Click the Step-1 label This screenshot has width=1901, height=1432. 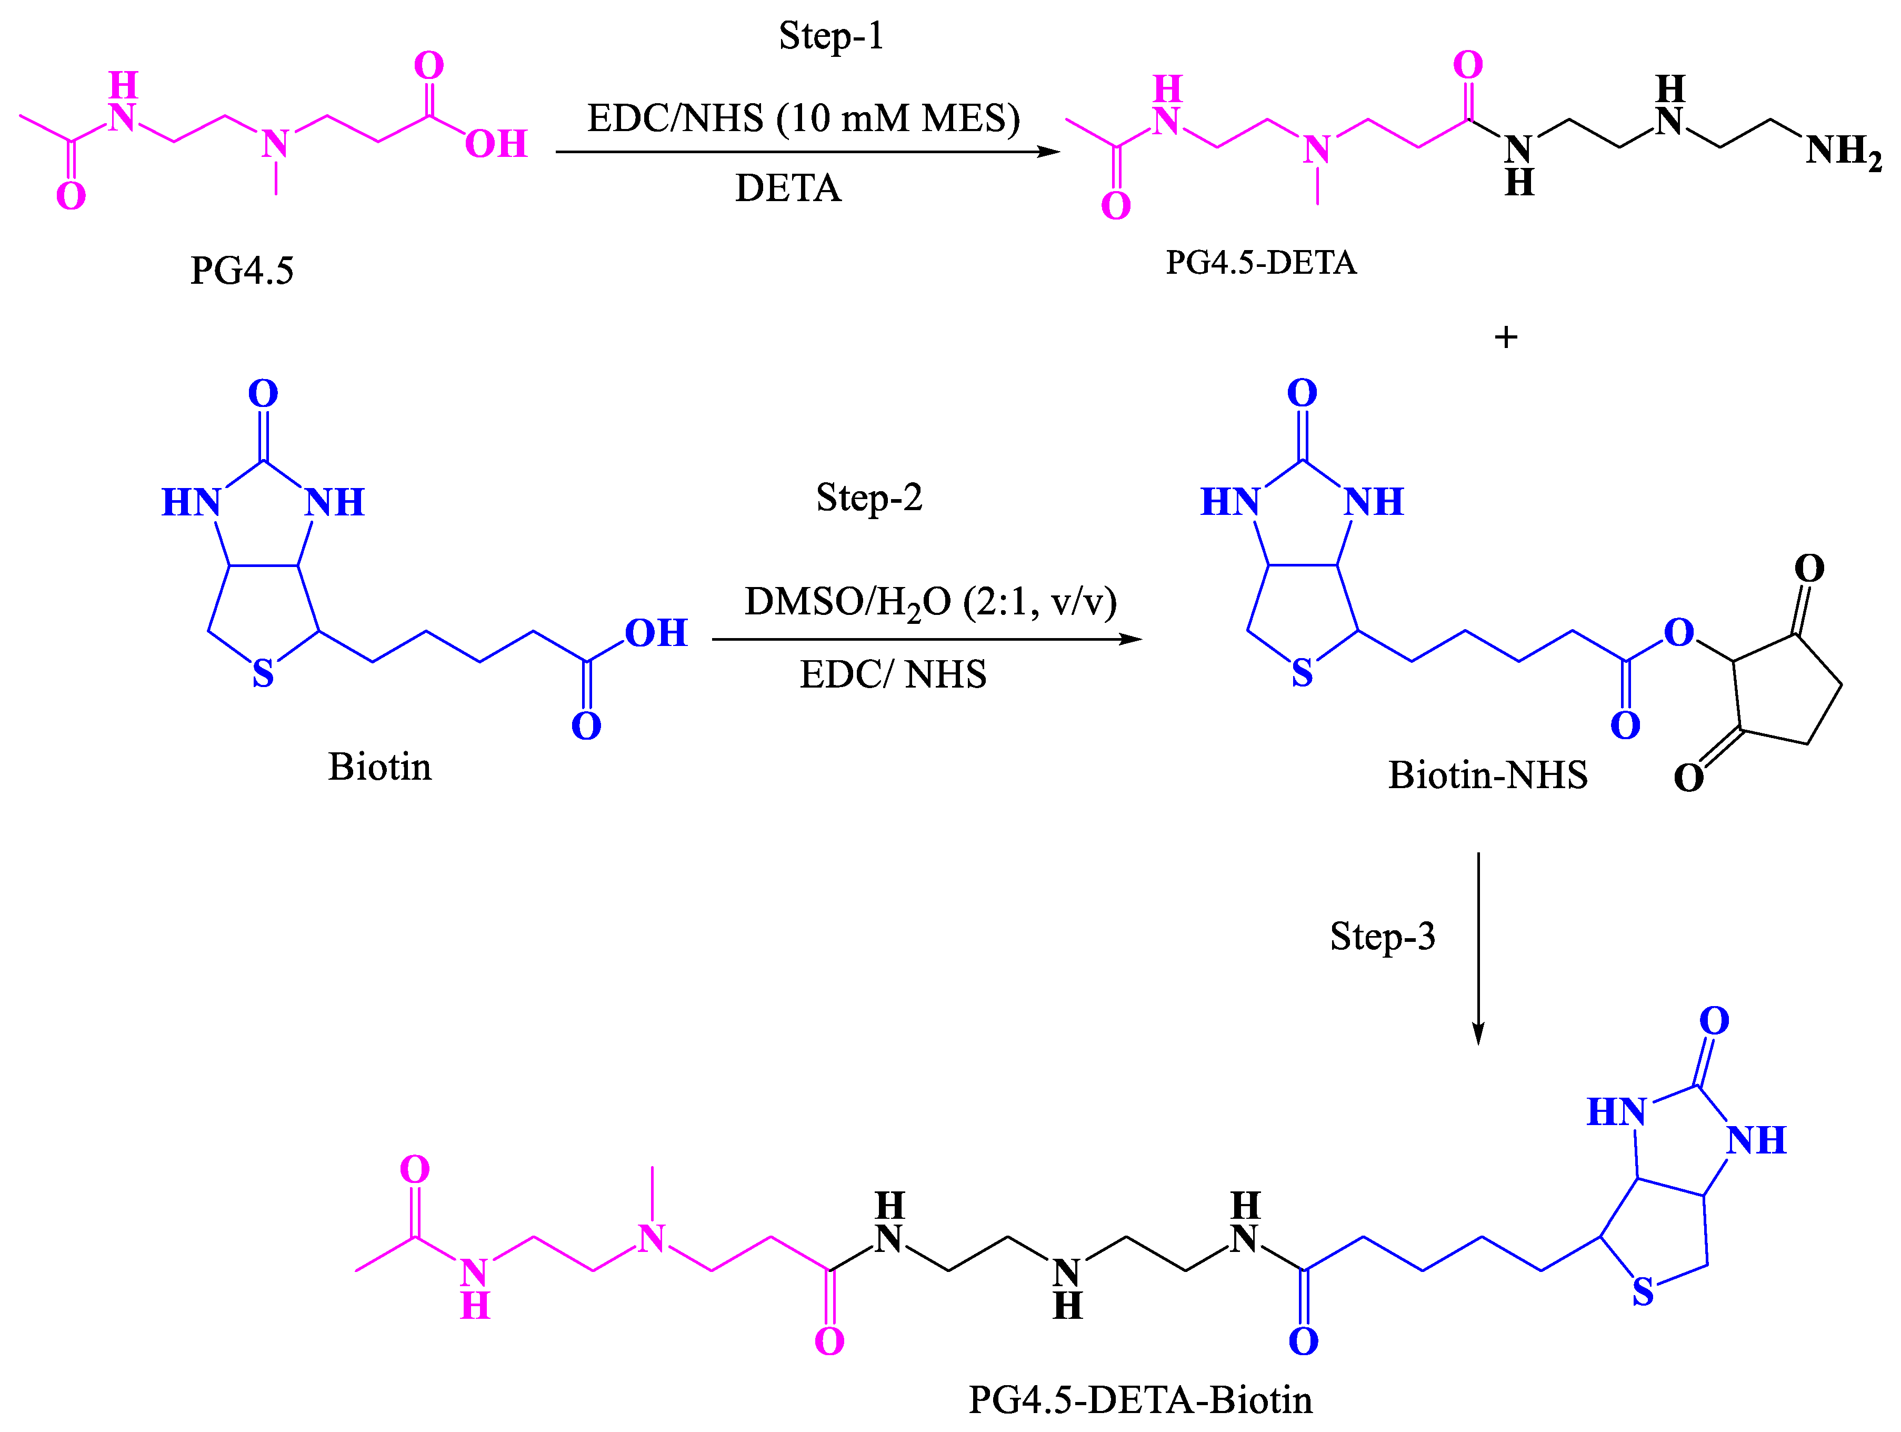[x=831, y=36]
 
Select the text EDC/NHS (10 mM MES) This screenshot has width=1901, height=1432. [x=804, y=118]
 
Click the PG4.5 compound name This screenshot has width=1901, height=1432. [x=242, y=271]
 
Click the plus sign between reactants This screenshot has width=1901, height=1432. [x=1506, y=337]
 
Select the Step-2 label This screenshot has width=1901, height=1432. [x=869, y=498]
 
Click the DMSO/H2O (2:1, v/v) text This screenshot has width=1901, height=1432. [x=930, y=602]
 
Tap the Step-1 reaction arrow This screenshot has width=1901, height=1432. [x=808, y=152]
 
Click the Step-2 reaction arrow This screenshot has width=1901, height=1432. [x=926, y=640]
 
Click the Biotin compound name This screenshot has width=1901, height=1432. [x=380, y=767]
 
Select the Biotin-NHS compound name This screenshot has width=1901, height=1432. [x=1488, y=775]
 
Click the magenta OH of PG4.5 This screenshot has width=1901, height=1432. [x=496, y=144]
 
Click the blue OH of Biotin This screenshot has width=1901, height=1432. [x=656, y=633]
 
